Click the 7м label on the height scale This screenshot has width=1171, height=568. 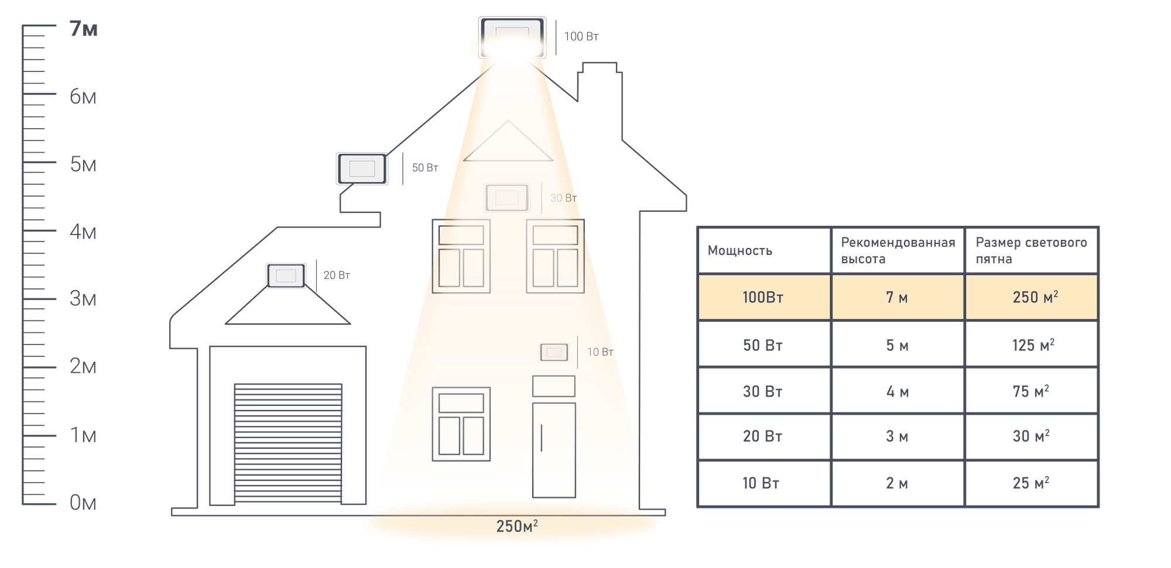click(83, 29)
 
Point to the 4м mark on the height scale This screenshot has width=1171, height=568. click(83, 232)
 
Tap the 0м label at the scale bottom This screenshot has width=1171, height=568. click(82, 502)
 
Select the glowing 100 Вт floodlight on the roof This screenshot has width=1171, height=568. click(512, 37)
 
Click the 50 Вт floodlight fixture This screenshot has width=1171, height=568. click(362, 168)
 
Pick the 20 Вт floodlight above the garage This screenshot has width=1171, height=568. click(286, 276)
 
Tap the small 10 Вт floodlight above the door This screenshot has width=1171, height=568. click(554, 352)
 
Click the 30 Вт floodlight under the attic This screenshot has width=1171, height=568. click(506, 198)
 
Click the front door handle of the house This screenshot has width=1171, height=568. click(541, 438)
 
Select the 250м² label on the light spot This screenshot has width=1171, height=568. click(516, 526)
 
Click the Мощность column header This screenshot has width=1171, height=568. click(739, 250)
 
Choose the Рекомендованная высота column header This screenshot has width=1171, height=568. click(897, 250)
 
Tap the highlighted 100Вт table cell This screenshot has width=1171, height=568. click(763, 297)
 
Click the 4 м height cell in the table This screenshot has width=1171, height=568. click(897, 391)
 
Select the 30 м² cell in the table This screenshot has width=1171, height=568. click(1030, 436)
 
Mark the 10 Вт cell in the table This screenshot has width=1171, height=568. click(761, 483)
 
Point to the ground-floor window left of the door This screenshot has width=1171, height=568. click(461, 424)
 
